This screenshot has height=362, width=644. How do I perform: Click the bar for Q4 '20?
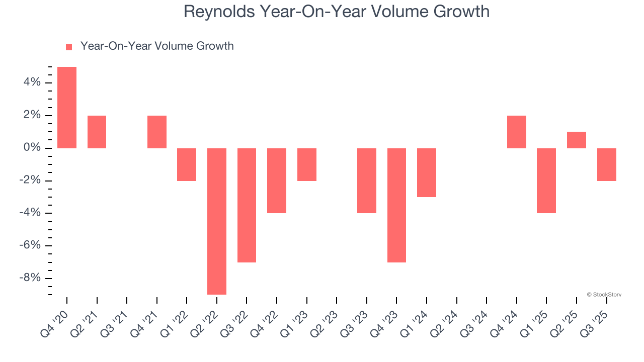(x=67, y=108)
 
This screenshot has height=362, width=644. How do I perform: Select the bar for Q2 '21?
(x=97, y=132)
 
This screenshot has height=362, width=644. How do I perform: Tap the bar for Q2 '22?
(x=217, y=221)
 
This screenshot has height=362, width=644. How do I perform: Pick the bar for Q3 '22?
(x=247, y=205)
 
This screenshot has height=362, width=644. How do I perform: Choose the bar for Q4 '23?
(x=396, y=205)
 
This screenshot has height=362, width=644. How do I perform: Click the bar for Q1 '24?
(x=427, y=172)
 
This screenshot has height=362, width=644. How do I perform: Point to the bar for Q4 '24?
(x=517, y=132)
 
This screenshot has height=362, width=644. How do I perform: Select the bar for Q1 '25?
(x=546, y=180)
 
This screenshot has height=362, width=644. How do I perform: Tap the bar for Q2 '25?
(x=577, y=140)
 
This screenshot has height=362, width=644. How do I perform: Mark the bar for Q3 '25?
(x=607, y=164)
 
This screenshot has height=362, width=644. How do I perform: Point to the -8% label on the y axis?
(x=29, y=279)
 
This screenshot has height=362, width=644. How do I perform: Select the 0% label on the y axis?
(x=31, y=148)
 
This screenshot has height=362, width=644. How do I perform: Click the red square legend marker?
(x=69, y=47)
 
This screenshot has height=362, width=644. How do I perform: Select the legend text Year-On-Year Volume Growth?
(x=157, y=46)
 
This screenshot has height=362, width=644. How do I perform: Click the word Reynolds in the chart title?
(x=219, y=12)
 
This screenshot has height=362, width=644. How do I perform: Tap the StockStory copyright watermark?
(x=604, y=295)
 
